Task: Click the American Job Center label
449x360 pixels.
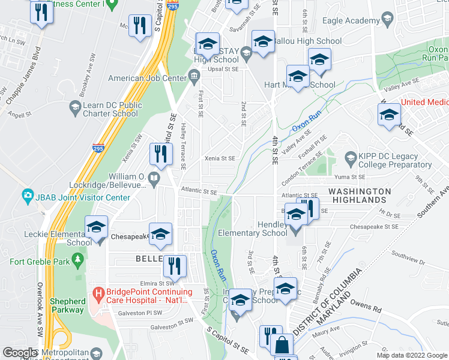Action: pyautogui.click(x=147, y=78)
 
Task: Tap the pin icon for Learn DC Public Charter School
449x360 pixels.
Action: pyautogui.click(x=75, y=108)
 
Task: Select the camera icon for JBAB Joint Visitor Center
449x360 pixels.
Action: pyautogui.click(x=27, y=196)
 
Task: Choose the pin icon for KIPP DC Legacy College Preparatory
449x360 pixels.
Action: pyautogui.click(x=351, y=159)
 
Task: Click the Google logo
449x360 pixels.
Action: pyautogui.click(x=20, y=353)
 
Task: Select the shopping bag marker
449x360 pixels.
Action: pyautogui.click(x=281, y=346)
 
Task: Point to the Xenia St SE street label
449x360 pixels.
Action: pyautogui.click(x=220, y=158)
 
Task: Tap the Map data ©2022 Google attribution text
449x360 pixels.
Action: pyautogui.click(x=412, y=355)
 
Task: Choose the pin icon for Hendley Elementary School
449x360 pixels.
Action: pyautogui.click(x=295, y=230)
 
